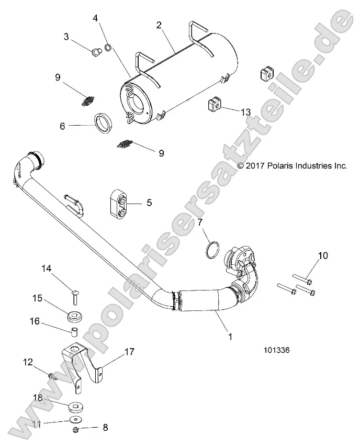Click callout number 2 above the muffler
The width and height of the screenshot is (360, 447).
[159, 25]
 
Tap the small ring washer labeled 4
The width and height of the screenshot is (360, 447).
[108, 48]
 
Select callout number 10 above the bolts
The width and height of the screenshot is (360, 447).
[323, 255]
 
